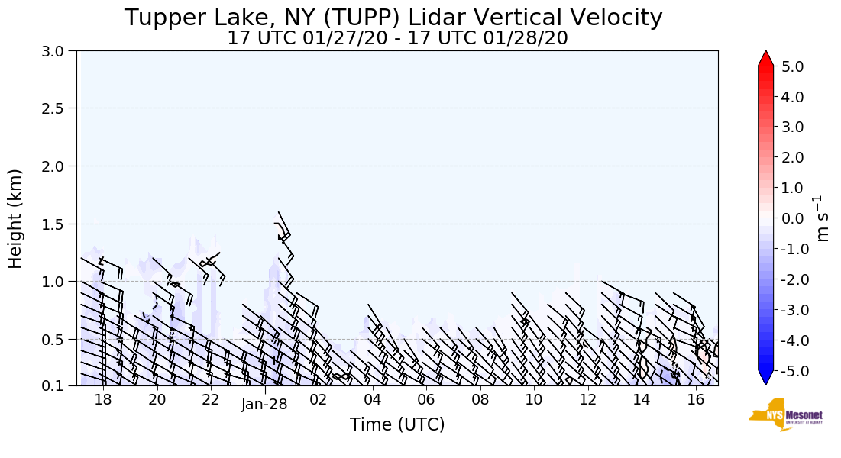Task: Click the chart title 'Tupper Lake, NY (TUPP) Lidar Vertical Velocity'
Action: pos(393,18)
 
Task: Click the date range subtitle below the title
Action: pos(397,38)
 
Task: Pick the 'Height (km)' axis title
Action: pos(16,218)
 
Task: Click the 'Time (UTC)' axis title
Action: pos(397,424)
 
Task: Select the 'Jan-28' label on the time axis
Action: pos(264,405)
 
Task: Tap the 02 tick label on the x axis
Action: pos(318,399)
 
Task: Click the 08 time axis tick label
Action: pos(480,399)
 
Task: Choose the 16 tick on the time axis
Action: pos(695,399)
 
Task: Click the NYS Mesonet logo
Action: pos(785,414)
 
